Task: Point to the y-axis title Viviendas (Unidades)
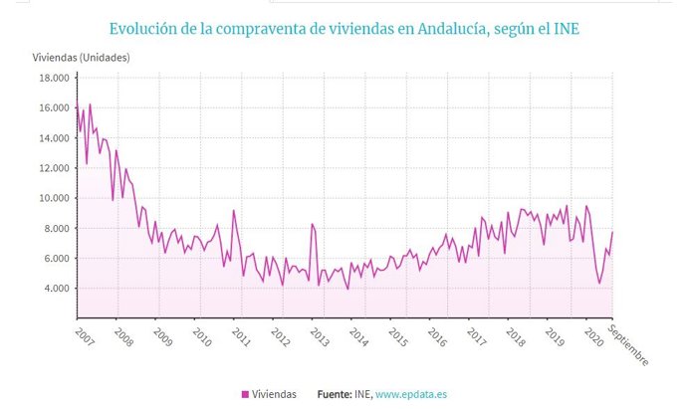click(x=81, y=57)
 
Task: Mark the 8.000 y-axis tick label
click(x=54, y=228)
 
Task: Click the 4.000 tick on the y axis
click(x=54, y=289)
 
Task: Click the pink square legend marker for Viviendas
click(x=245, y=394)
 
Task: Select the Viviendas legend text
click(x=275, y=394)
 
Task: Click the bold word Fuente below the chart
click(x=334, y=394)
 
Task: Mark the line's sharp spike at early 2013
click(x=312, y=224)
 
